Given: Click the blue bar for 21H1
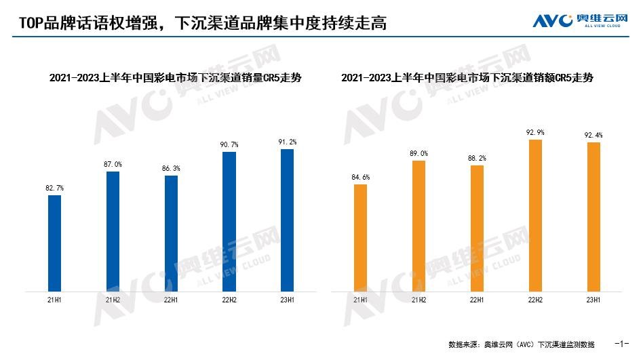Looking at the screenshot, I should (x=55, y=243).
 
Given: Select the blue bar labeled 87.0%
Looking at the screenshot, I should (x=113, y=231).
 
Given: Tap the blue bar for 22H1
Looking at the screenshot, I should (x=172, y=234).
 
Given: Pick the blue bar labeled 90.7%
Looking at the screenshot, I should (x=230, y=222).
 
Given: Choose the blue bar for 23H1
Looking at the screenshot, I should (x=288, y=220).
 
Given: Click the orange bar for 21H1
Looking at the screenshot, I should (x=361, y=238).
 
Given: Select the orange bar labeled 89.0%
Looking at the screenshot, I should (x=419, y=226).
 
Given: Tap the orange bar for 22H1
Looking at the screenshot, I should (x=478, y=228).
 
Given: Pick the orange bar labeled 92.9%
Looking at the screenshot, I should (x=536, y=216).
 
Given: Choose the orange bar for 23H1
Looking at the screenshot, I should (x=594, y=217).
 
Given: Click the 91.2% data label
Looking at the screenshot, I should (x=288, y=142).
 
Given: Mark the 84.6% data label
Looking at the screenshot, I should (x=361, y=177).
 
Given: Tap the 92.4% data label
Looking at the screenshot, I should (x=594, y=135).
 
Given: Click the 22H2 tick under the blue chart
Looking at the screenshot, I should (x=230, y=300).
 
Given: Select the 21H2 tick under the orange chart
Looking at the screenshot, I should (x=419, y=300).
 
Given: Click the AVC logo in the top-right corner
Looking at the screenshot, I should (x=577, y=20).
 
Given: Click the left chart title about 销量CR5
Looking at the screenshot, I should (x=176, y=78).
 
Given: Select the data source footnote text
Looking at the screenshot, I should (x=521, y=344).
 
